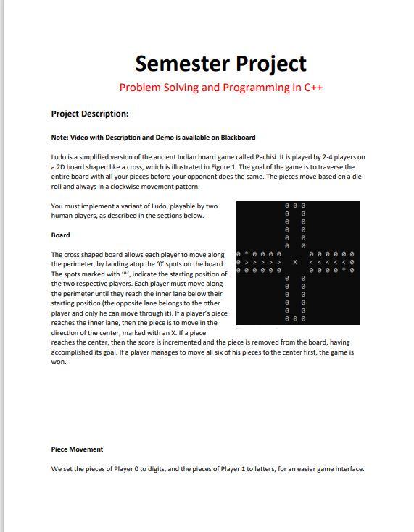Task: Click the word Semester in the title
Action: tap(178, 64)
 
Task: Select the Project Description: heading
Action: tap(89, 114)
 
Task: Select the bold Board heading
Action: tap(60, 235)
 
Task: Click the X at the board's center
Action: tap(295, 262)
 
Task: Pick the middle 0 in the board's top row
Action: tap(295, 206)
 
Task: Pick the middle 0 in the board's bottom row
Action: tap(295, 318)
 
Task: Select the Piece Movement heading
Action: tap(77, 449)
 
